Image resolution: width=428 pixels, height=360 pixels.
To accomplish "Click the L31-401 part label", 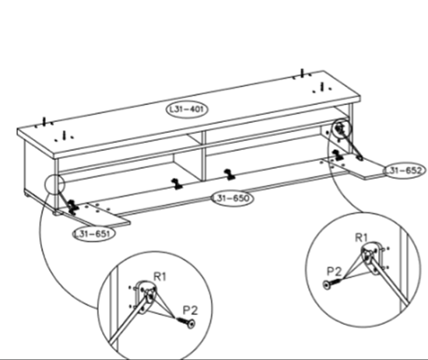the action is click(187, 110).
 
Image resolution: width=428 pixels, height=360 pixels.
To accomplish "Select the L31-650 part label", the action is click(233, 198).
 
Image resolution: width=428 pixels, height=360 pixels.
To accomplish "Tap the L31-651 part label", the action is click(94, 234).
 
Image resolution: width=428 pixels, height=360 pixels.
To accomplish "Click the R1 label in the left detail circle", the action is click(160, 277).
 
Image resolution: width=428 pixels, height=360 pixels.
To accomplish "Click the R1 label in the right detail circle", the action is click(361, 238).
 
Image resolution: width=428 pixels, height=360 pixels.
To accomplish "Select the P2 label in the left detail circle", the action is click(190, 310).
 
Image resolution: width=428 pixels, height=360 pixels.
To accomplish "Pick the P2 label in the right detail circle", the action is click(334, 271).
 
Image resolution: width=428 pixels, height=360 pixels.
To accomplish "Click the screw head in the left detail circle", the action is click(191, 323).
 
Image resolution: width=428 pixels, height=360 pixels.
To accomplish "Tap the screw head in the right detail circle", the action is click(327, 285).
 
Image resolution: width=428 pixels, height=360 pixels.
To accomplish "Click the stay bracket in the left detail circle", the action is click(146, 296).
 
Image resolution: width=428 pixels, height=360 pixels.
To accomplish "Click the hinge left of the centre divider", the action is click(177, 184).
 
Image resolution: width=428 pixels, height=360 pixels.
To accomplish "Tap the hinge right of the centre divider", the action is click(230, 174).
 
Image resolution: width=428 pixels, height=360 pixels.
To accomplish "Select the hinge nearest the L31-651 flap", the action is click(72, 208).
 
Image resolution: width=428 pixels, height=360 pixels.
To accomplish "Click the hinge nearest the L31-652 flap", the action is click(338, 155).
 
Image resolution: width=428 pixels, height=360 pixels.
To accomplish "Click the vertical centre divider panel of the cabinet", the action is click(204, 156).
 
